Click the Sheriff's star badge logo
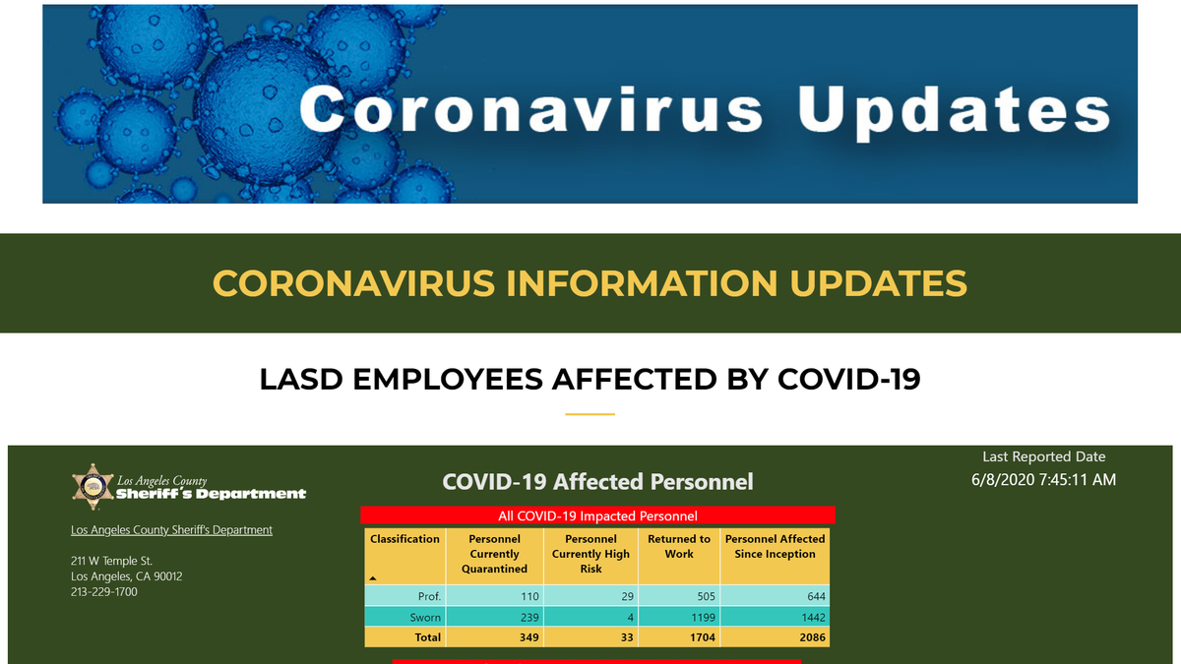click(x=93, y=487)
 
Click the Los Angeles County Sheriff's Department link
click(x=171, y=529)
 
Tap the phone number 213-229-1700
click(x=104, y=592)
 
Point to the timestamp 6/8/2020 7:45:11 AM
click(x=1043, y=480)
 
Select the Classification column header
click(x=404, y=539)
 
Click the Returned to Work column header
click(x=679, y=546)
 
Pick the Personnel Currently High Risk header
click(x=590, y=553)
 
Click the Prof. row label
click(x=429, y=596)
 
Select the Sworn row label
click(x=425, y=617)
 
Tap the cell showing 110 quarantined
click(x=529, y=596)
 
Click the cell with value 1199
click(x=703, y=617)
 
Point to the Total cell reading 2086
click(x=812, y=637)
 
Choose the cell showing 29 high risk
click(x=627, y=596)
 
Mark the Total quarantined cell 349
click(x=528, y=637)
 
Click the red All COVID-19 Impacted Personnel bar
click(x=597, y=514)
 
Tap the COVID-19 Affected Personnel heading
click(x=597, y=482)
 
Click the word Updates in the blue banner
click(x=955, y=109)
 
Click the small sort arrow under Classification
click(x=373, y=578)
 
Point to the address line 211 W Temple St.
click(x=111, y=561)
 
